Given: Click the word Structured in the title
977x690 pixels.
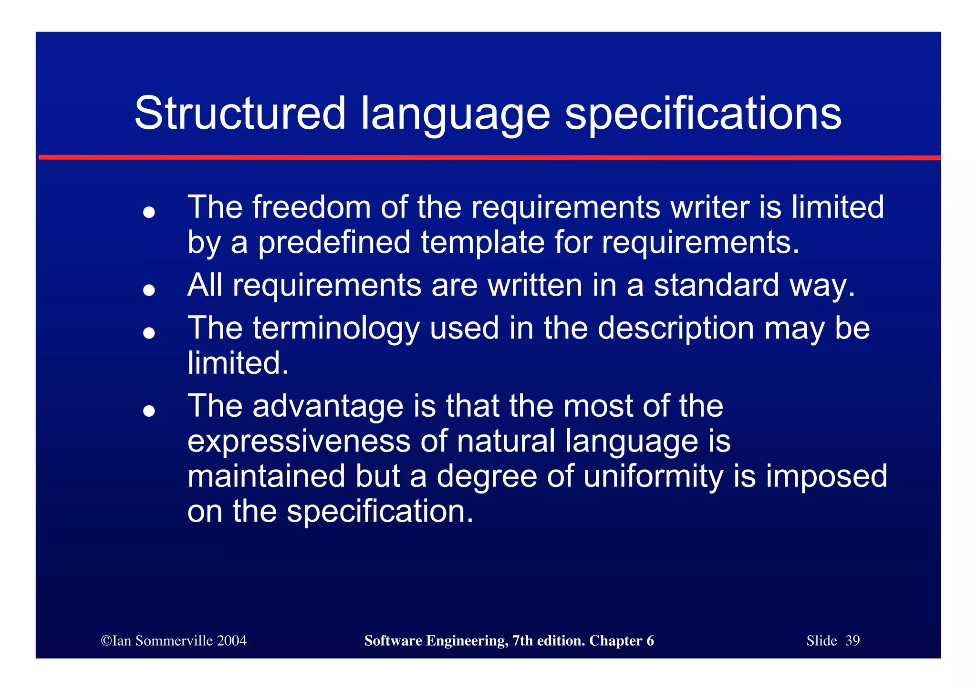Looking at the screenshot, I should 239,113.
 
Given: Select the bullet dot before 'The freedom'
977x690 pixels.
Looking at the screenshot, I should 149,212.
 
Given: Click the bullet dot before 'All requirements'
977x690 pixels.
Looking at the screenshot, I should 149,290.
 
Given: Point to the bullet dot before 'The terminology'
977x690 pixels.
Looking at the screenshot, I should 149,333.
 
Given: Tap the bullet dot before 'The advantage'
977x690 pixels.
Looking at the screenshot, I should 149,411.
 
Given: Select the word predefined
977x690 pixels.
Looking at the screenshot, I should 334,242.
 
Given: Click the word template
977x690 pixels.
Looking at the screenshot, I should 483,242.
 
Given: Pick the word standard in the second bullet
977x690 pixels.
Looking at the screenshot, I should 716,285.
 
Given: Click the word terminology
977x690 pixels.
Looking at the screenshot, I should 336,329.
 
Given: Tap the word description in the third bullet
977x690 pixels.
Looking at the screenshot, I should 676,329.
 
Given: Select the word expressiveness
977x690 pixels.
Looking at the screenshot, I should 299,441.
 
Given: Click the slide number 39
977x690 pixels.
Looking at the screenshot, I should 852,640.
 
